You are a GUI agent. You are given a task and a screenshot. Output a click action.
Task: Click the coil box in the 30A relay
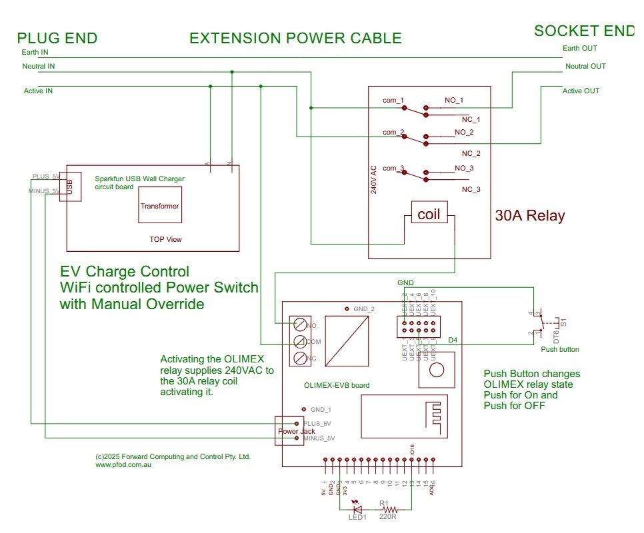[x=430, y=215]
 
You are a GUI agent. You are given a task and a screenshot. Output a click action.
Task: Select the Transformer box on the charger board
[x=159, y=207]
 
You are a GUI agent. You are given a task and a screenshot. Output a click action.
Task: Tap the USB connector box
[x=71, y=186]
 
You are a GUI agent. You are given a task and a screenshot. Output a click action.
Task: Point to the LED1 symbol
[x=357, y=507]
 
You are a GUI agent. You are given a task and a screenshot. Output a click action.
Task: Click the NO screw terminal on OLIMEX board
[x=301, y=325]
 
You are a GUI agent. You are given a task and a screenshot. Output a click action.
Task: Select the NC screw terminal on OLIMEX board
[x=301, y=358]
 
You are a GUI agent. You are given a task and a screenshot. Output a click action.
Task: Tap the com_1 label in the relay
[x=393, y=101]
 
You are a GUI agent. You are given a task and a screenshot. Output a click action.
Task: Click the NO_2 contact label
[x=464, y=133]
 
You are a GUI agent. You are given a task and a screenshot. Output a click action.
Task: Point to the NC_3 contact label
[x=471, y=190]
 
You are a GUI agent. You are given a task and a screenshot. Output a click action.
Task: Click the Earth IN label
[x=35, y=52]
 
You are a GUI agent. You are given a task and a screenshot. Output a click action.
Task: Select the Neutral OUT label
[x=585, y=66]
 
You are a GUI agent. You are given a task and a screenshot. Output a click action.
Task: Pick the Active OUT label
[x=581, y=91]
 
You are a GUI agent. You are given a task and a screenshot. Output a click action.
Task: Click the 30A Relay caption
[x=530, y=216]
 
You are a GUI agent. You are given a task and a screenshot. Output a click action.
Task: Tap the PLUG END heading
[x=57, y=38]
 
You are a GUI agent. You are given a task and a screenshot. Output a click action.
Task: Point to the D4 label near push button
[x=453, y=340]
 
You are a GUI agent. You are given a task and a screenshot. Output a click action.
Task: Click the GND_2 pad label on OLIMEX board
[x=363, y=309]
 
